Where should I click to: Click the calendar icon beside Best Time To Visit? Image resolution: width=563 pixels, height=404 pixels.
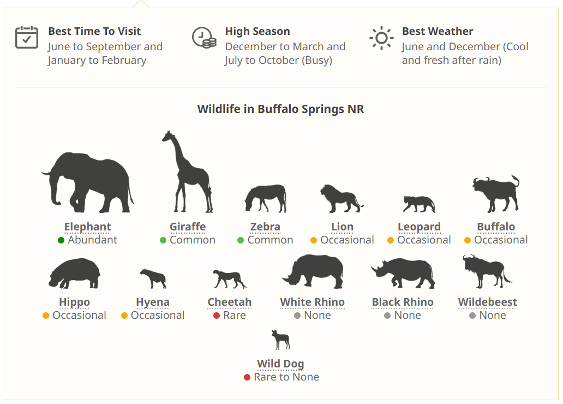point(27,37)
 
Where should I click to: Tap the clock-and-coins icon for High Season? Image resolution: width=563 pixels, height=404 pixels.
point(204,37)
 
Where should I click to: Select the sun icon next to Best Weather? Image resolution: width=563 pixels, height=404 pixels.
point(381,38)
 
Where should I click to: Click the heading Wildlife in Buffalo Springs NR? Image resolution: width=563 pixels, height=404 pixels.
point(280,109)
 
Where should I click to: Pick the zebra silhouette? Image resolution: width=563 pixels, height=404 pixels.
point(266,198)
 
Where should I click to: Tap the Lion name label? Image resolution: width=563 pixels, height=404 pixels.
point(342,227)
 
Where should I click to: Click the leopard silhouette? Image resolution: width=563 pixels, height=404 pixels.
point(419,204)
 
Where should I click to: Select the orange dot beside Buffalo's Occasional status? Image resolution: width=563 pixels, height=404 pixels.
point(468,240)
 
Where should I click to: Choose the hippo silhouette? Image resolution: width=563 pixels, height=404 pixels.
point(74,273)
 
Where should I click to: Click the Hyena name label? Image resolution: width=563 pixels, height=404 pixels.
point(153,302)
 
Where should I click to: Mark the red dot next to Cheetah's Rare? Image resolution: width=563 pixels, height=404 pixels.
point(217,316)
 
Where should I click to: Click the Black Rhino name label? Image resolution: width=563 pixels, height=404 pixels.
point(403,302)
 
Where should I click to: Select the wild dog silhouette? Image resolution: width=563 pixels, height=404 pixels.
point(280,340)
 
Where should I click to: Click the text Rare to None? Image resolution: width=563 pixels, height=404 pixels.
point(286,377)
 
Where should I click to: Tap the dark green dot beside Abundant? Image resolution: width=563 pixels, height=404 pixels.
point(61,240)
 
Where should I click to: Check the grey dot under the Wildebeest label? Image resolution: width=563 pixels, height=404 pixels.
point(472,316)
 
